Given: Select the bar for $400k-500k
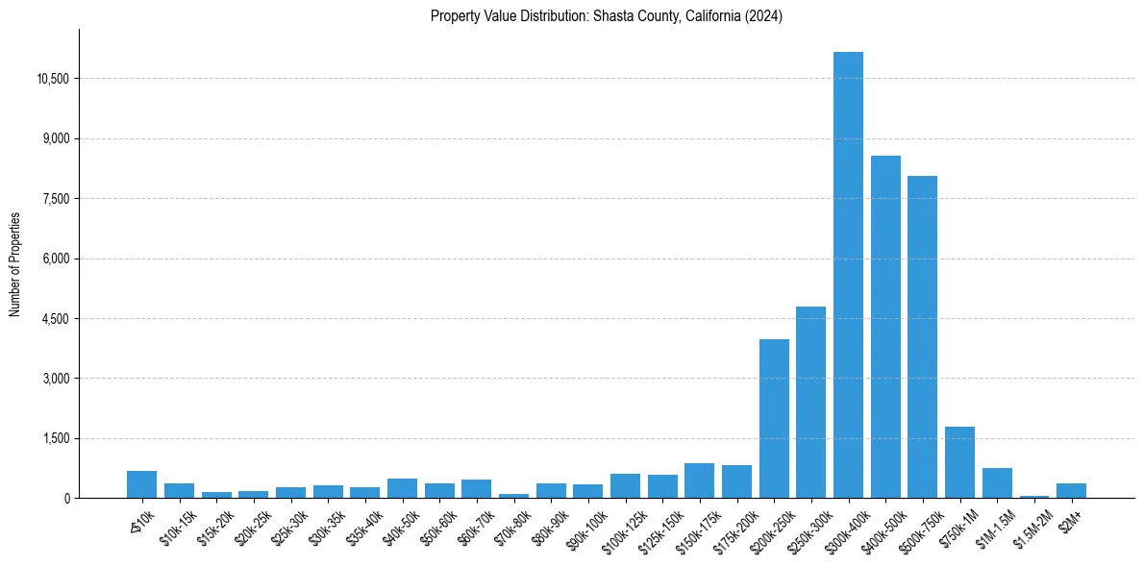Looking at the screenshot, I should pyautogui.click(x=885, y=327).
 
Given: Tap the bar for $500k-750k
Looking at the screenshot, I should pyautogui.click(x=922, y=336).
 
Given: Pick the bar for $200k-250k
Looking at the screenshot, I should pyautogui.click(x=774, y=418).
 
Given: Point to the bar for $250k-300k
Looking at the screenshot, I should pyautogui.click(x=810, y=402).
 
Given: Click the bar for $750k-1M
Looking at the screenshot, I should pyautogui.click(x=959, y=462).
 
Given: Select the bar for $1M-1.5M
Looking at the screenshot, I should pyautogui.click(x=997, y=482).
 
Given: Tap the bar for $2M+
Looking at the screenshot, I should pyautogui.click(x=1071, y=490).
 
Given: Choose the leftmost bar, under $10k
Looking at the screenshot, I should pyautogui.click(x=141, y=484).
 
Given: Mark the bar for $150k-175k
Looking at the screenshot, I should pyautogui.click(x=699, y=481).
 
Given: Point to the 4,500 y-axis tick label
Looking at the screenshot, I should pyautogui.click(x=56, y=319).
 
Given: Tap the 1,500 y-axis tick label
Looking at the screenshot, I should pyautogui.click(x=56, y=439).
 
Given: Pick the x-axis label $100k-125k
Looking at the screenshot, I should pyautogui.click(x=620, y=528).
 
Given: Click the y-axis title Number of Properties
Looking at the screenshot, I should pyautogui.click(x=14, y=264).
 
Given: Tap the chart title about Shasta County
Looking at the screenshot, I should pyautogui.click(x=607, y=15).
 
